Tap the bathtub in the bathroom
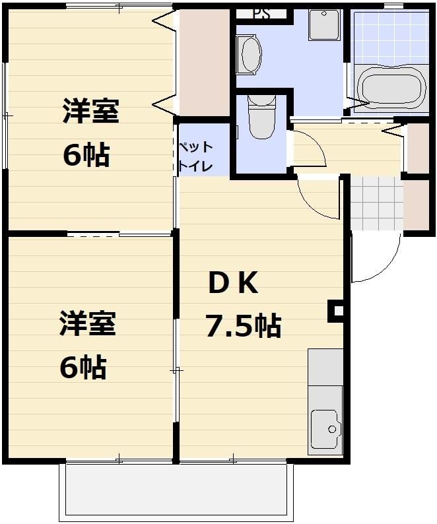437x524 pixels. coord(390,90)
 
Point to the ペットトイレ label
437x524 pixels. coord(195,156)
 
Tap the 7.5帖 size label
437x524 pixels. coord(243,325)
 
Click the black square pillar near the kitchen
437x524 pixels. coord(337,311)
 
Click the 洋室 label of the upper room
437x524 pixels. coord(90,112)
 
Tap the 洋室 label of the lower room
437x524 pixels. coord(88,324)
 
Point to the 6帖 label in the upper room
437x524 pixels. coord(86,156)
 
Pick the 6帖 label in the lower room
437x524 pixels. coord(83,368)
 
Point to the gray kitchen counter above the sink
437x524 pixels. coord(325,367)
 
